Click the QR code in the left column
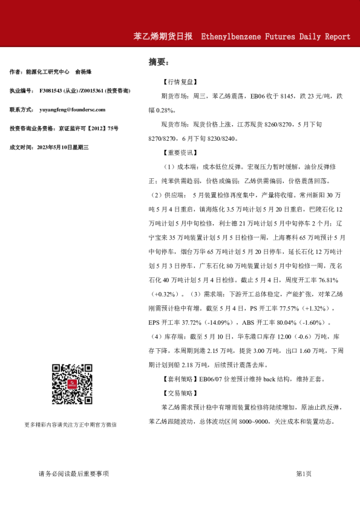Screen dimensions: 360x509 70,384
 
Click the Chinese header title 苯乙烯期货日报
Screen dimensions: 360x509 163,36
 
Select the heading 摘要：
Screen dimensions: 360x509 159,62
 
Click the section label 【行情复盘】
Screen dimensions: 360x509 179,81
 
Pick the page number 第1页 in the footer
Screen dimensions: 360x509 304,473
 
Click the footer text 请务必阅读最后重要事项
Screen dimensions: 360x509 73,473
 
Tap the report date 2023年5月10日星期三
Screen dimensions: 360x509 63,147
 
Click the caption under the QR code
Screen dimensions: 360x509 70,424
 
